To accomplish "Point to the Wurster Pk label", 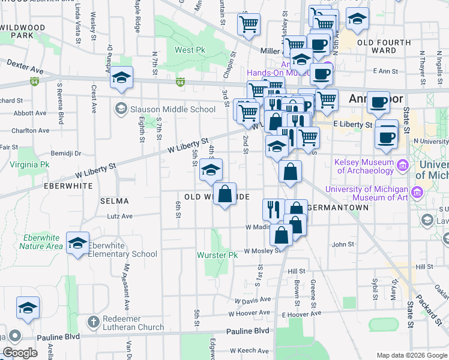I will [x=218, y=255].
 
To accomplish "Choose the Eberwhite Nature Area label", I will [x=41, y=241].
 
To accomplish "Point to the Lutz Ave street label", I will [x=119, y=217].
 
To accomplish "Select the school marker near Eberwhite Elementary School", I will [x=77, y=243].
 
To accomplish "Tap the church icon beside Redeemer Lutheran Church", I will [x=92, y=322].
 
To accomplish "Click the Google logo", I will [x=20, y=353].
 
